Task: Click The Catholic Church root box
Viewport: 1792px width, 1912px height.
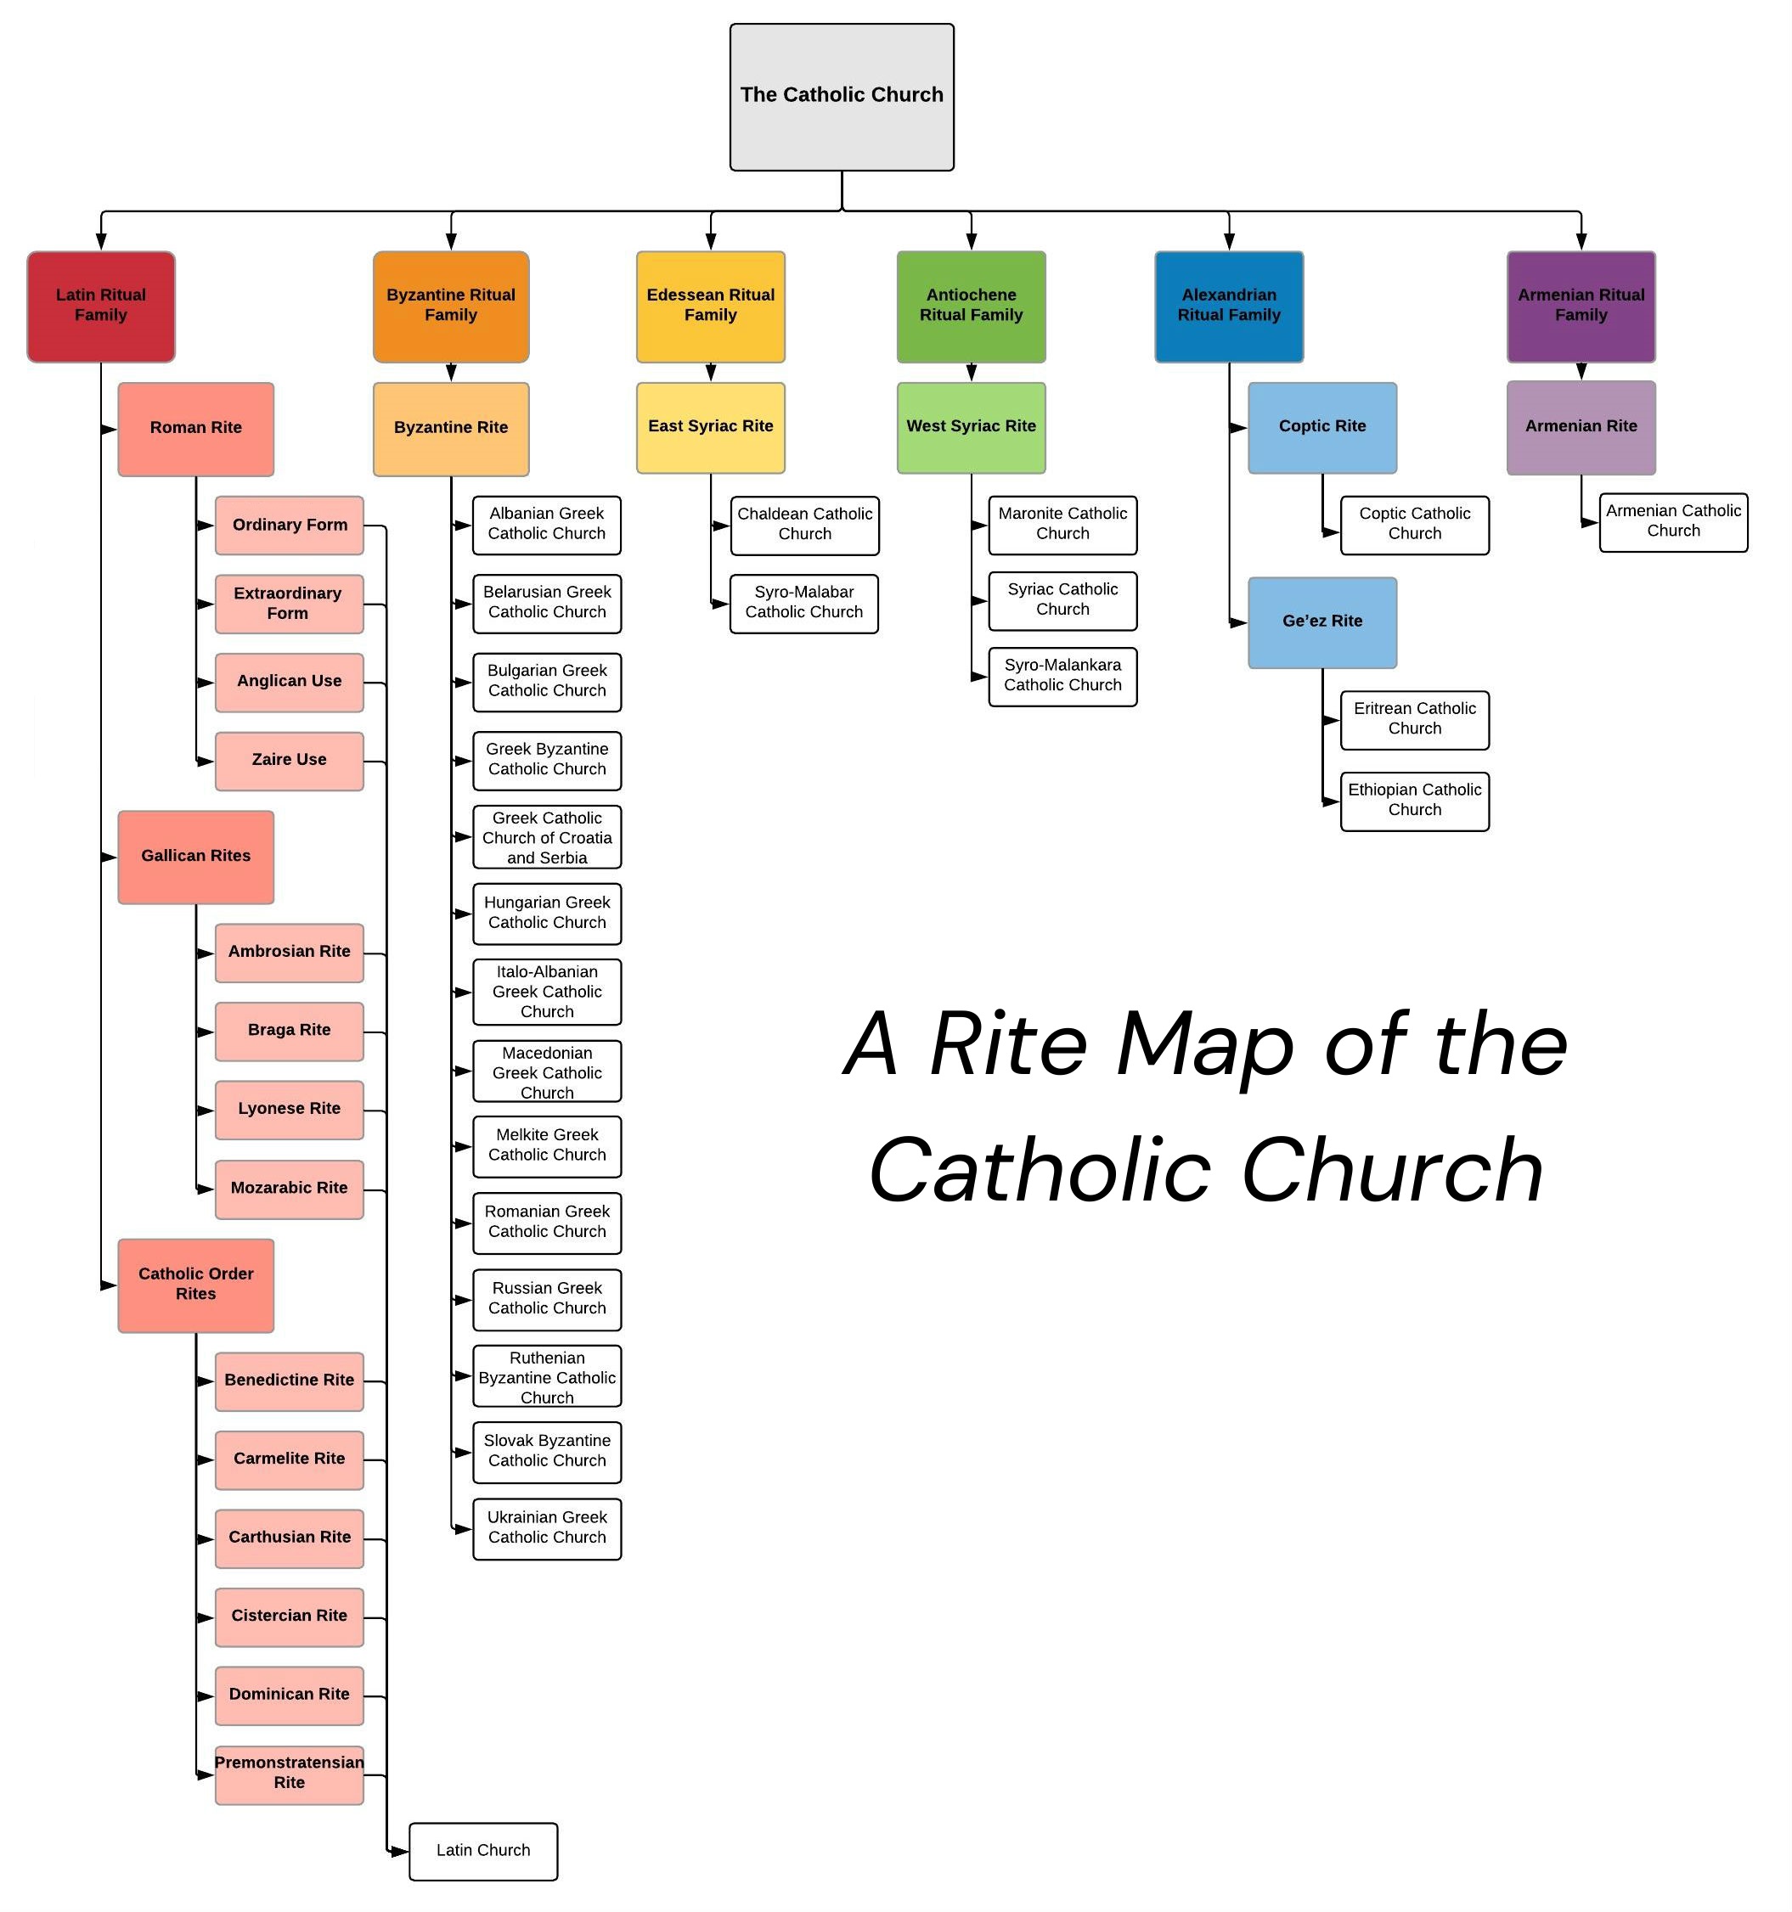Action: tap(842, 97)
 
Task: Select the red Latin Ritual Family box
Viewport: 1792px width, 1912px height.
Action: tap(101, 306)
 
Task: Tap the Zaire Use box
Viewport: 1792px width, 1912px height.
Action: tap(289, 761)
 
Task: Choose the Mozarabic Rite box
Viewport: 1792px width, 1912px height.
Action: tap(289, 1189)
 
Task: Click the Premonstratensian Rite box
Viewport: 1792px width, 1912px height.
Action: tap(289, 1774)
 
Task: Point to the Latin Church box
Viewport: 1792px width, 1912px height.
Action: tap(483, 1851)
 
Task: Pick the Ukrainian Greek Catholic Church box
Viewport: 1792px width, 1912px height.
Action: tap(546, 1528)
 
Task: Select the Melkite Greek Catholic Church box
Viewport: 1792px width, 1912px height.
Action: tap(546, 1145)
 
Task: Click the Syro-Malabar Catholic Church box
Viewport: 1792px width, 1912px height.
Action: tap(803, 603)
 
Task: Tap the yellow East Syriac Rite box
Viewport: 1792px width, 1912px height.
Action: tap(710, 427)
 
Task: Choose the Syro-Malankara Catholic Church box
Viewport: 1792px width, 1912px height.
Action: tap(1062, 676)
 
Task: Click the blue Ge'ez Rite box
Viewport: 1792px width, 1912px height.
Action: tap(1321, 622)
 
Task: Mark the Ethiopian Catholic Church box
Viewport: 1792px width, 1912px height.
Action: tap(1414, 800)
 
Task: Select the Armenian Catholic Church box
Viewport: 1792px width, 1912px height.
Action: tap(1673, 521)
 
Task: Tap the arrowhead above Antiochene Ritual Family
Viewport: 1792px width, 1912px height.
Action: tap(972, 242)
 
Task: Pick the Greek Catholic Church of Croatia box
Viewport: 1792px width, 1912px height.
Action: tap(546, 837)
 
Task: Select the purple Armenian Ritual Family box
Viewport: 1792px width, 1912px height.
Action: tap(1581, 306)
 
